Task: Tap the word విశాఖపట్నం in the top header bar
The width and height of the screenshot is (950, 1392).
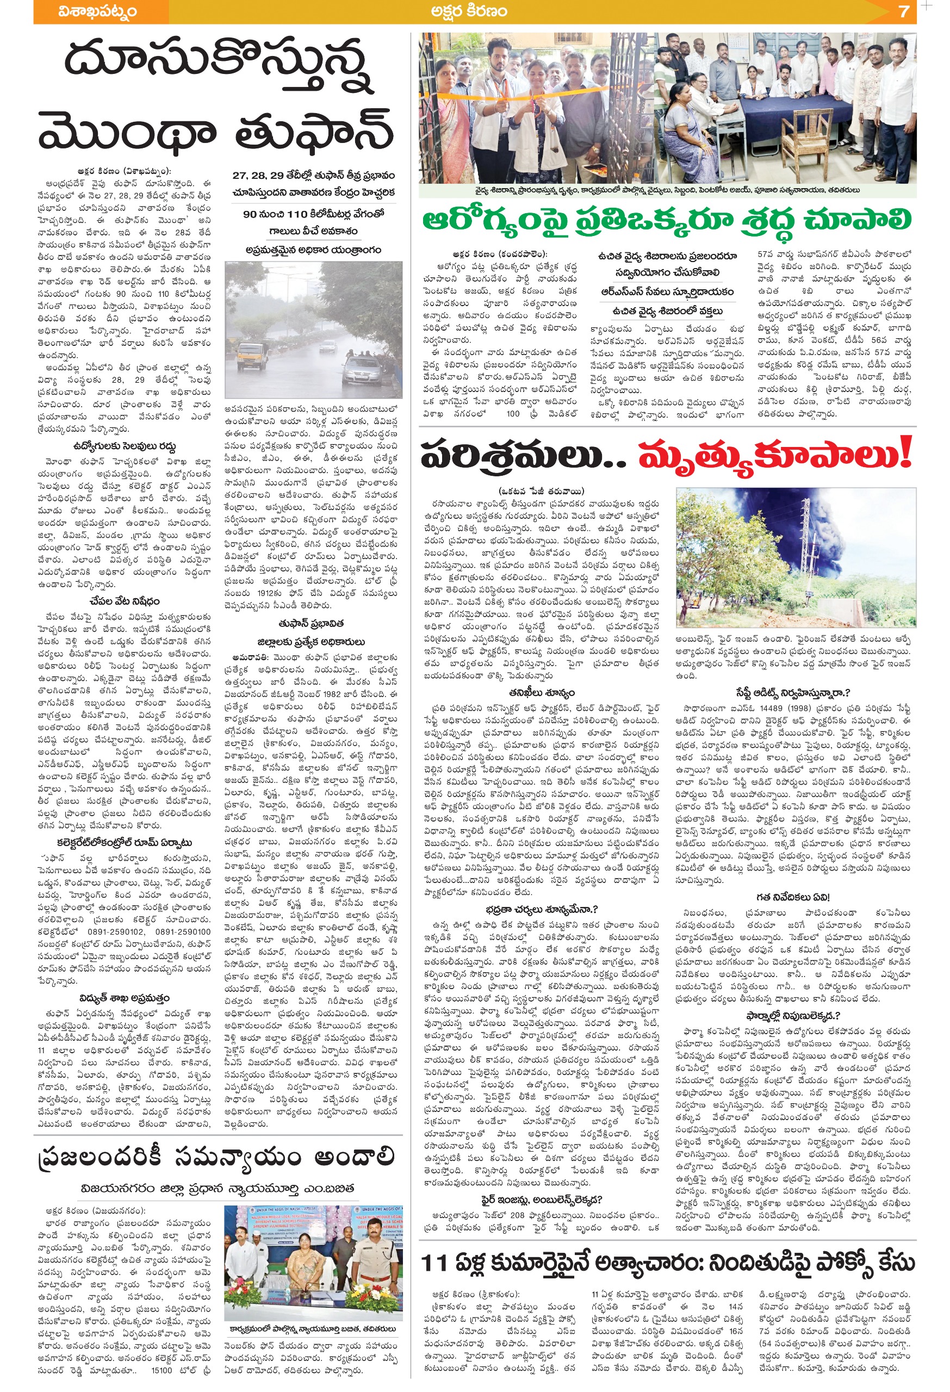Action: [98, 11]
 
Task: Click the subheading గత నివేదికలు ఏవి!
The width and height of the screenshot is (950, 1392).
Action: [792, 897]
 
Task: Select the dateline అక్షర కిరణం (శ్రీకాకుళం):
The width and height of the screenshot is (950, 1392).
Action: [476, 1289]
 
